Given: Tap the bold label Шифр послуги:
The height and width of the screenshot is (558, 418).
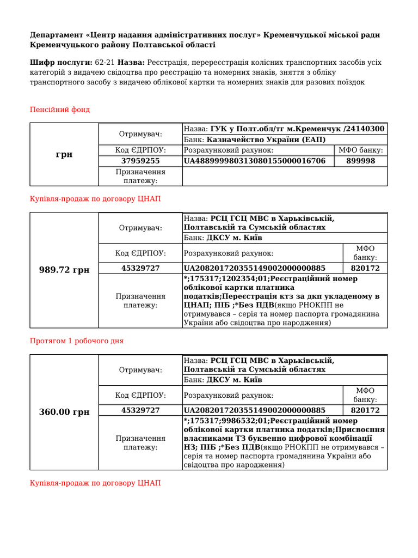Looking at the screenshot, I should [61, 63].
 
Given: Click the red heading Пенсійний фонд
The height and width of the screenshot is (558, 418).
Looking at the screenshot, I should [59, 110].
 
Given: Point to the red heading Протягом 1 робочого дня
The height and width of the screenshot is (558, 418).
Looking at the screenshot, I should [76, 341].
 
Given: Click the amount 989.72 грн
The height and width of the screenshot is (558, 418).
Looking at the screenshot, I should [64, 270].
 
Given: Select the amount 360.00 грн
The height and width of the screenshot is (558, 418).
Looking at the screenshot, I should [64, 412].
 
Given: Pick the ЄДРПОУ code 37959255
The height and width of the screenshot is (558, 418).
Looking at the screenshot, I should [140, 161].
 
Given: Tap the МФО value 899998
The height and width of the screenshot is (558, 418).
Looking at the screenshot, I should [360, 161].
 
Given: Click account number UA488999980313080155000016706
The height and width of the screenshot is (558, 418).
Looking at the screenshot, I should [255, 161].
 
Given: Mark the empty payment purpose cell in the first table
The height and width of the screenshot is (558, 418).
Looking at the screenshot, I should [285, 176].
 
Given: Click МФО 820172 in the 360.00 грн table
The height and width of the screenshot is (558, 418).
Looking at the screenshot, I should [365, 410].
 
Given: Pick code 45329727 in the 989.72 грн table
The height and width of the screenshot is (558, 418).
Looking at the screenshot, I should [140, 268].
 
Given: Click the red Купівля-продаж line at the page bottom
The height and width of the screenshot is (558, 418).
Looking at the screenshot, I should [95, 483].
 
